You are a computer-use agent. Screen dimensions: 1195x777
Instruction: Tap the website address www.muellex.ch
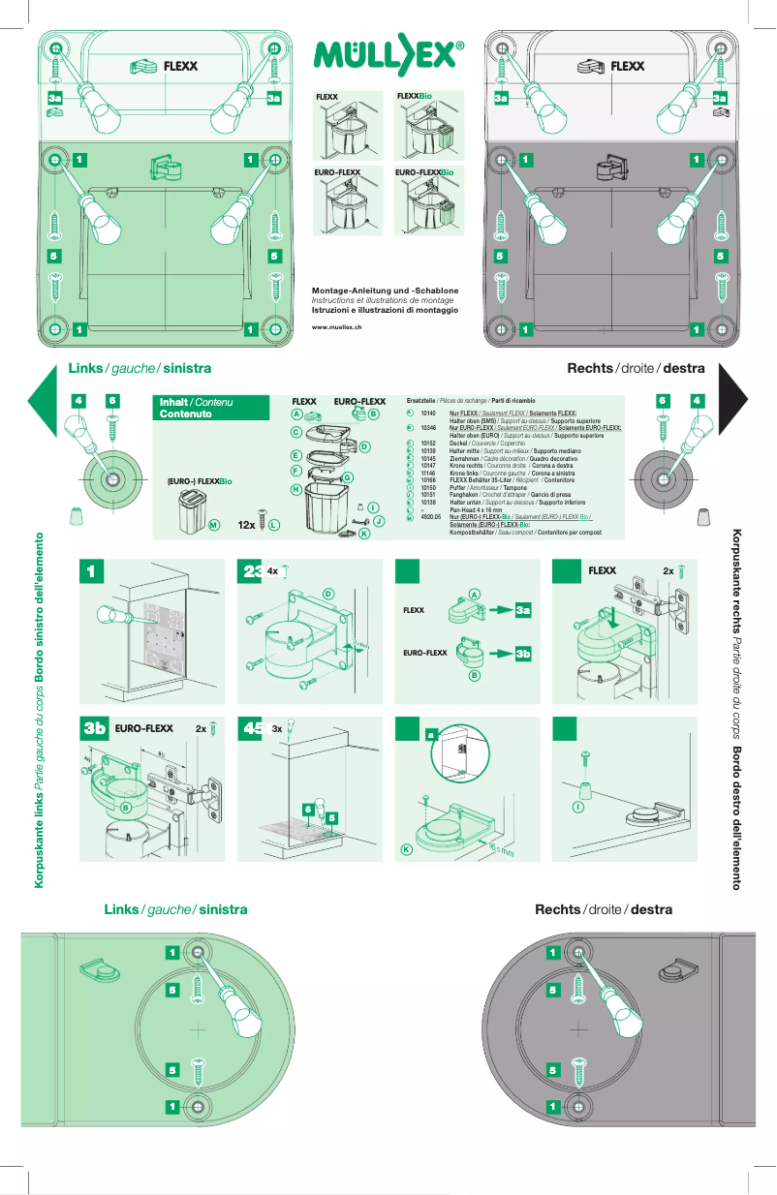pos(336,328)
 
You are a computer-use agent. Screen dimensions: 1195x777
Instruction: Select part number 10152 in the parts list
pos(430,443)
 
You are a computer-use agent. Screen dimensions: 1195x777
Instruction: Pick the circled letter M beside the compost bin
pos(213,525)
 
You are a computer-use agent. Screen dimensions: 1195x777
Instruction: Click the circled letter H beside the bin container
pos(295,489)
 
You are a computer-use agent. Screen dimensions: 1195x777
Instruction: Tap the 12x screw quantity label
pos(246,525)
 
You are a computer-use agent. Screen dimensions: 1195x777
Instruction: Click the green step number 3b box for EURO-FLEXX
pos(94,729)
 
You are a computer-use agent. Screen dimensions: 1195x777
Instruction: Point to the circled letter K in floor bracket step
pos(407,849)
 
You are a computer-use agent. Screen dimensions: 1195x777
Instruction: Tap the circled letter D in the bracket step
pos(328,593)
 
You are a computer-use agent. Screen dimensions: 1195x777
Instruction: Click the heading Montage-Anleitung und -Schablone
pos(385,291)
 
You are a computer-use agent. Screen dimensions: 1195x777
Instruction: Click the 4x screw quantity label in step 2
pos(272,571)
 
